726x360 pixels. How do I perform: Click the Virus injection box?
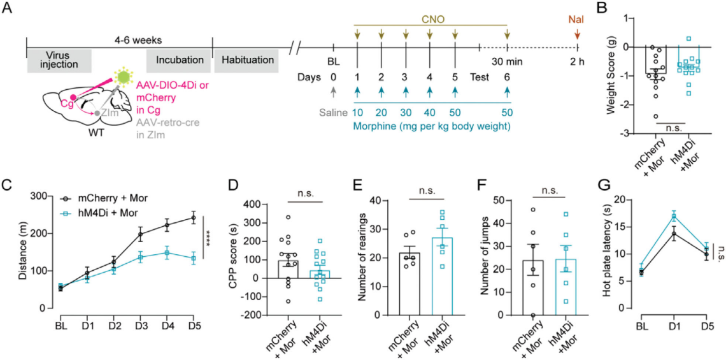tap(59, 60)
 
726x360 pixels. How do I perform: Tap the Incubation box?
tap(178, 60)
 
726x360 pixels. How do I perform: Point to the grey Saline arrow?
tap(333, 94)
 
